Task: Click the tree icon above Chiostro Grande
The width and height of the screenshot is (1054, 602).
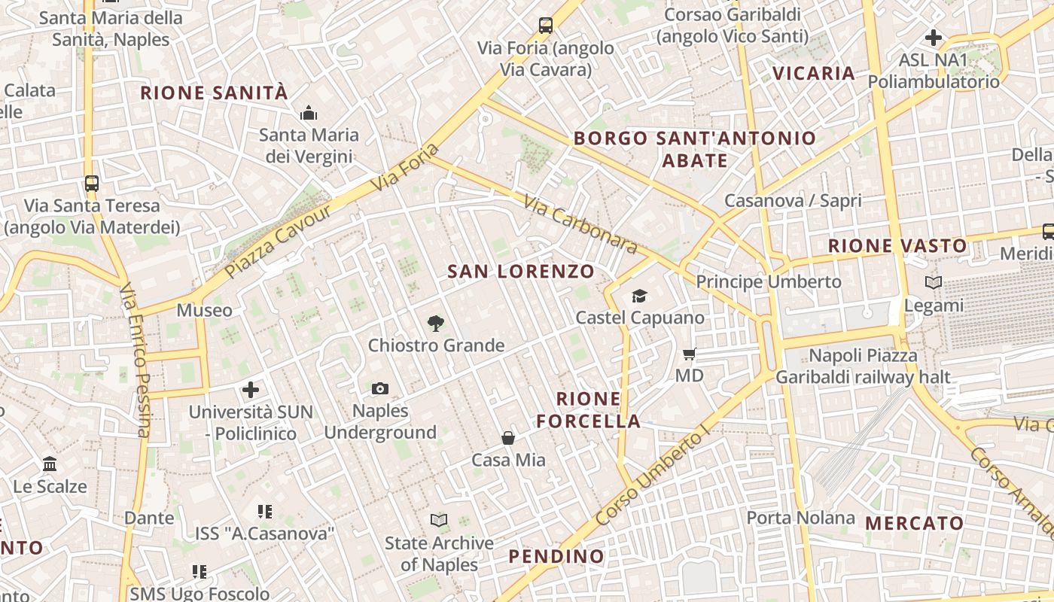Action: pyautogui.click(x=435, y=324)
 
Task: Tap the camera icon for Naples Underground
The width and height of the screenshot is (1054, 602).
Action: pyautogui.click(x=380, y=388)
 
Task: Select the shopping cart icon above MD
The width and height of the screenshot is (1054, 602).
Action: pyautogui.click(x=689, y=354)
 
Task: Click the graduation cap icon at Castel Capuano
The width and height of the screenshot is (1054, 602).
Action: pyautogui.click(x=639, y=296)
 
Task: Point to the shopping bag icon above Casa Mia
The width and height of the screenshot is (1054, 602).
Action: pyautogui.click(x=508, y=438)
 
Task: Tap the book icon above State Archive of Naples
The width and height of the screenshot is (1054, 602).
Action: pyautogui.click(x=438, y=520)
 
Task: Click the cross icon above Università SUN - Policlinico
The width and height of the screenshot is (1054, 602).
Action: pyautogui.click(x=251, y=390)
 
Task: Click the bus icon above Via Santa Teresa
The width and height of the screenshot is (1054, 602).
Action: pyautogui.click(x=92, y=183)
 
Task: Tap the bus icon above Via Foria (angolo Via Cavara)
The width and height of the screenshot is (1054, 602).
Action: pyautogui.click(x=546, y=26)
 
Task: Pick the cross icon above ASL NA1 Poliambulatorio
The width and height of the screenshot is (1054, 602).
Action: pyautogui.click(x=934, y=37)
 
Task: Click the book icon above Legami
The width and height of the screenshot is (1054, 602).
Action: pyautogui.click(x=934, y=283)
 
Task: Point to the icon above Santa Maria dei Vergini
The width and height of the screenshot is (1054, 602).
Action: pyautogui.click(x=308, y=114)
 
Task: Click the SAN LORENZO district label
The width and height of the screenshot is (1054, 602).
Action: pyautogui.click(x=521, y=271)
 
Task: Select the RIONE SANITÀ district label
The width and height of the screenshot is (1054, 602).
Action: pyautogui.click(x=215, y=93)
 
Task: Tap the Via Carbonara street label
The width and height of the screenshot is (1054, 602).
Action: pyautogui.click(x=580, y=225)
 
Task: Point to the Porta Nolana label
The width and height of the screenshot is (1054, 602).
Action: pyautogui.click(x=801, y=518)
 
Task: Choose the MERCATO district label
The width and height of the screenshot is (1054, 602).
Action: pyautogui.click(x=914, y=523)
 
